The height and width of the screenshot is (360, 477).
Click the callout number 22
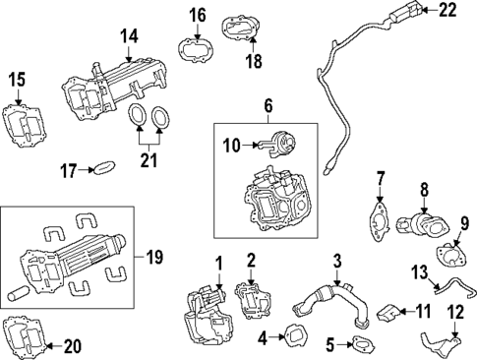pyautogui.click(x=448, y=11)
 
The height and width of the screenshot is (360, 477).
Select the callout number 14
pyautogui.click(x=130, y=36)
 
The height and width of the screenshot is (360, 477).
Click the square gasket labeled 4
pyautogui.click(x=293, y=336)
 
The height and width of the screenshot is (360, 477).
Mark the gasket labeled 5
pyautogui.click(x=361, y=345)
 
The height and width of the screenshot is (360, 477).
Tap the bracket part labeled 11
pyautogui.click(x=388, y=314)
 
